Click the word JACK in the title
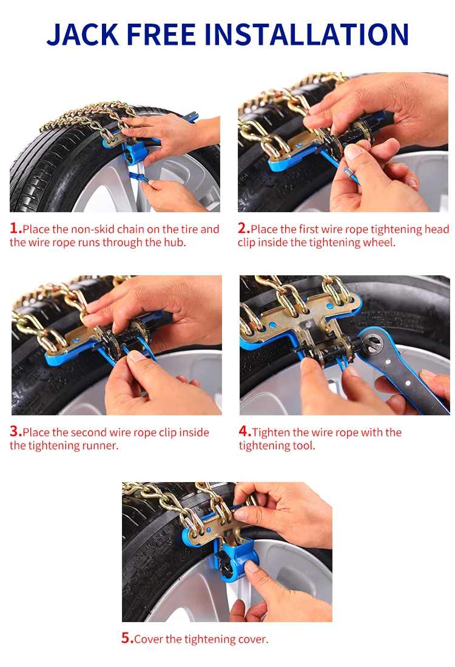[x=83, y=34]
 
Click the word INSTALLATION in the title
[x=306, y=34]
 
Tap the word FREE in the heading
[x=161, y=34]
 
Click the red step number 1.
[x=15, y=229]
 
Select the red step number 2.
[x=243, y=229]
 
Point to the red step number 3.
[x=15, y=431]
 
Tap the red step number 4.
[x=244, y=431]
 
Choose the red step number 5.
[x=127, y=638]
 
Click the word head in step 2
[x=437, y=229]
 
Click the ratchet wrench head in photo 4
[x=373, y=344]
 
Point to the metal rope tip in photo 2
[x=348, y=172]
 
